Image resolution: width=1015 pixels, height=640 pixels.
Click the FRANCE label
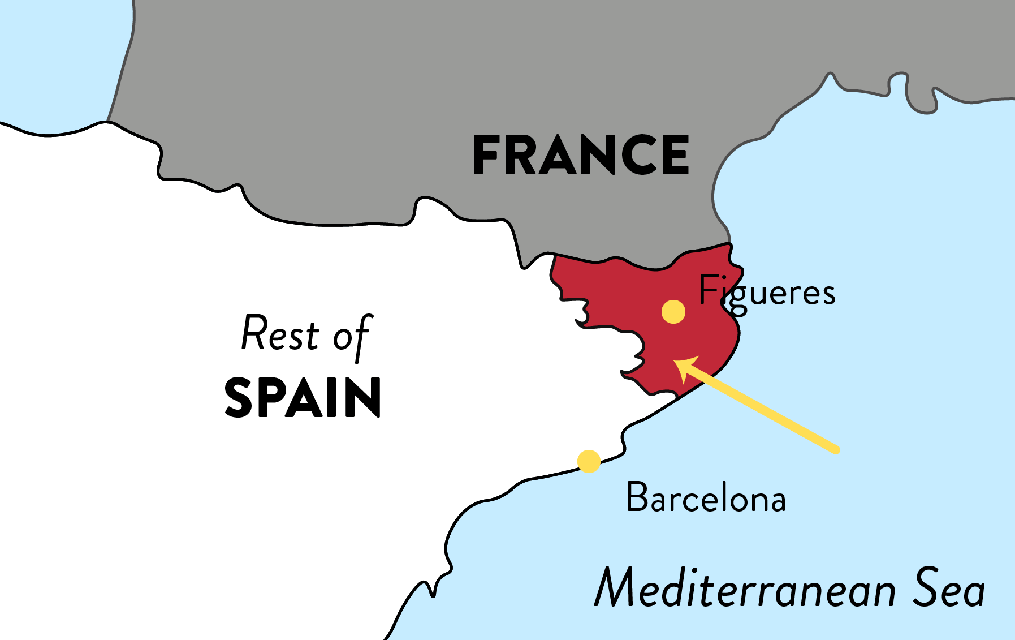tap(581, 154)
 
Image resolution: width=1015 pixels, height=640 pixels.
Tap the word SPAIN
tap(303, 398)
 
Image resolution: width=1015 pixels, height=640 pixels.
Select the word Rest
tap(280, 334)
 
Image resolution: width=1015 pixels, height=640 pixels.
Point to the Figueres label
tap(767, 292)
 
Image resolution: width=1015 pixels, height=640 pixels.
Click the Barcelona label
tap(706, 498)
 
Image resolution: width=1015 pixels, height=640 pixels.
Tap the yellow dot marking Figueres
tap(673, 312)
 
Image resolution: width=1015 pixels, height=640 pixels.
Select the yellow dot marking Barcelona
tap(589, 461)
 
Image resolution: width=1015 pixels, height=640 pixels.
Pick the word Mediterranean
tap(745, 589)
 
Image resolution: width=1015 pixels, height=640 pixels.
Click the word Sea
tap(949, 589)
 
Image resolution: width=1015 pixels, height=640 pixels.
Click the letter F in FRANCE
tap(486, 154)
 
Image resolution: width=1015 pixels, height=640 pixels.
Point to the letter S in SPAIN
tap(239, 398)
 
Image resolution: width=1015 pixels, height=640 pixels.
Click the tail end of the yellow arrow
tap(836, 450)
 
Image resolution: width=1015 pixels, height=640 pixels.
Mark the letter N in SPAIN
tap(365, 398)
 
